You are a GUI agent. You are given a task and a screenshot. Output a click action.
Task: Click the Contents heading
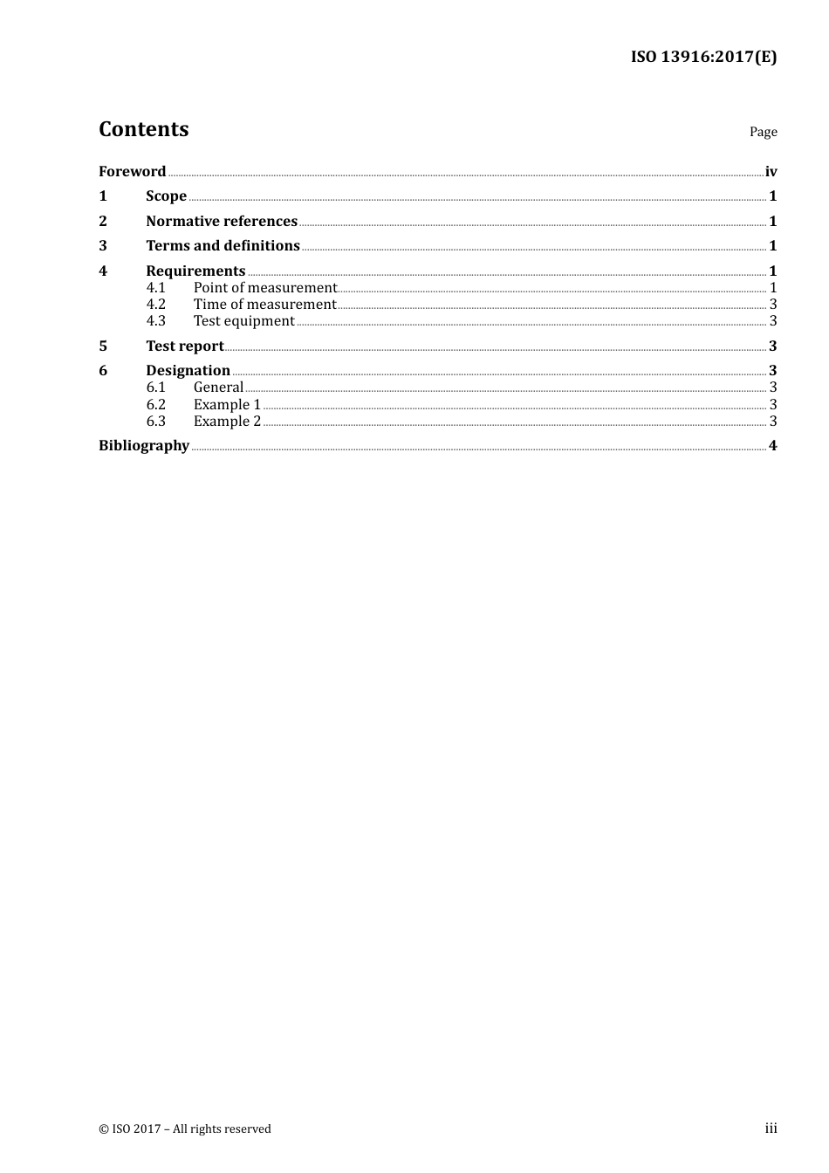point(143,129)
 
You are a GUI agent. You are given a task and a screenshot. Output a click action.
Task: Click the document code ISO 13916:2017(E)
point(703,57)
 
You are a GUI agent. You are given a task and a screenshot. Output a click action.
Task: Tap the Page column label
point(763,132)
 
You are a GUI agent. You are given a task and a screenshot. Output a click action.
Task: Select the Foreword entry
point(132,171)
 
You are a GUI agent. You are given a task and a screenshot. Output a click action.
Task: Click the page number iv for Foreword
point(771,171)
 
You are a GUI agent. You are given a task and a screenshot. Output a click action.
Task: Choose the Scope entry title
point(166,196)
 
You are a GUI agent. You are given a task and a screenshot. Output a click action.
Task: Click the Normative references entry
point(222,221)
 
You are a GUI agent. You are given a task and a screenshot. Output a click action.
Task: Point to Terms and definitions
point(223,246)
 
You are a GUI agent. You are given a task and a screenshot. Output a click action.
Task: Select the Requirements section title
point(195,271)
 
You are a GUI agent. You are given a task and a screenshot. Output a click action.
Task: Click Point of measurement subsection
point(264,287)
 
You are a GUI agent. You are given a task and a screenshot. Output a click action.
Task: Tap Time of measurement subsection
point(264,305)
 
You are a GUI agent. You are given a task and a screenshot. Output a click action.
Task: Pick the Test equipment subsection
point(243,321)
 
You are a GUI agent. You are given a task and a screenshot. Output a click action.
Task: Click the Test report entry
point(184,346)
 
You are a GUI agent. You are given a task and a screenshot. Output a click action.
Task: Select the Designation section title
point(188,371)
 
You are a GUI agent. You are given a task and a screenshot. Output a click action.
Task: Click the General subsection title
point(218,388)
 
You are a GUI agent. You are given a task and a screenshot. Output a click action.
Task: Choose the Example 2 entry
point(227,422)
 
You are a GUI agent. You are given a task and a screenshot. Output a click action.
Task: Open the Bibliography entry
point(144,446)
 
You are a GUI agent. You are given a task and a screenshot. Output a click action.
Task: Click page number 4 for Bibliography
point(772,446)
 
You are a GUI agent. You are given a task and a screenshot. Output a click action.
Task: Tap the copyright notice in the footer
point(185,1128)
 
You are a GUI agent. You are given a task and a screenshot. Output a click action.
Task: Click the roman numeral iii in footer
point(771,1128)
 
